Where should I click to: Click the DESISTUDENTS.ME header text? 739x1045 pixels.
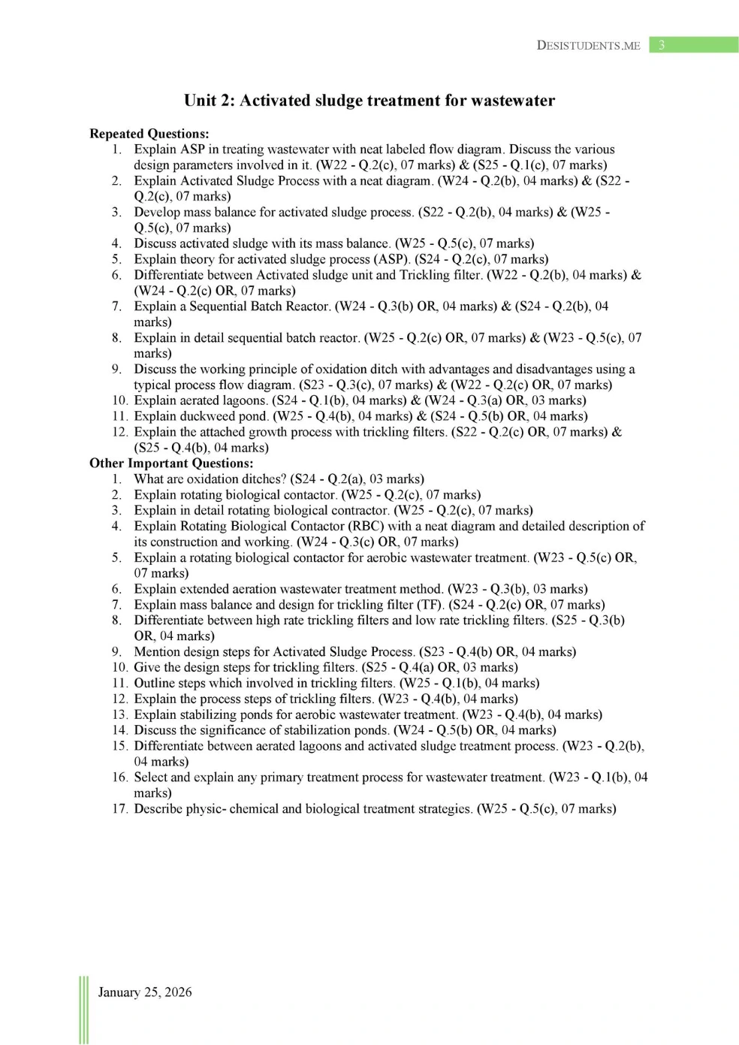[x=588, y=45]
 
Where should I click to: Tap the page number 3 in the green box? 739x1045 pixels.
[x=662, y=45]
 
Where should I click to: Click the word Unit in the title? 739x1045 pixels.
[x=200, y=101]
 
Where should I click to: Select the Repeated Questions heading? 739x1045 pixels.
[x=149, y=134]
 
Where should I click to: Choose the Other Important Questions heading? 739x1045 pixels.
[x=171, y=464]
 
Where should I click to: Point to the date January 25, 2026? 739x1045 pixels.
[x=145, y=992]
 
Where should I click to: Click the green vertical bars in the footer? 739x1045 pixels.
[x=83, y=1010]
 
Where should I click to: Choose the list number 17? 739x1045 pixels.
[x=119, y=809]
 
